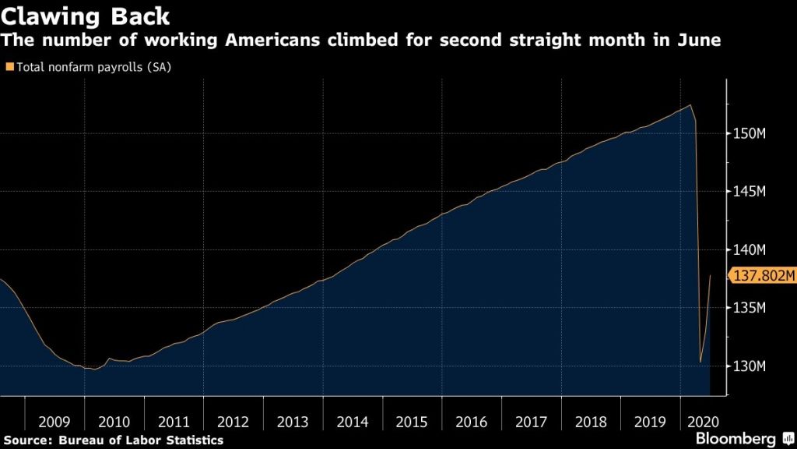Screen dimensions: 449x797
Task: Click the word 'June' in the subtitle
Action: coord(700,40)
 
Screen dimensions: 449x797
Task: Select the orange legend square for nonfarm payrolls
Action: coord(9,67)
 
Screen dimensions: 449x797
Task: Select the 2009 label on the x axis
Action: coord(54,422)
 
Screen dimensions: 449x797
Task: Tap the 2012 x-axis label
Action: coord(233,422)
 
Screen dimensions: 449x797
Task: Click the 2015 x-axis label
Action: coord(412,422)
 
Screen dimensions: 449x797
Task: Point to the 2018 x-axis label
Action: coord(591,422)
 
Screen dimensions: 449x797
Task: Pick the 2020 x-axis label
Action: coord(704,422)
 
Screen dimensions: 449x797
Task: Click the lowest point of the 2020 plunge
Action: coord(700,362)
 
